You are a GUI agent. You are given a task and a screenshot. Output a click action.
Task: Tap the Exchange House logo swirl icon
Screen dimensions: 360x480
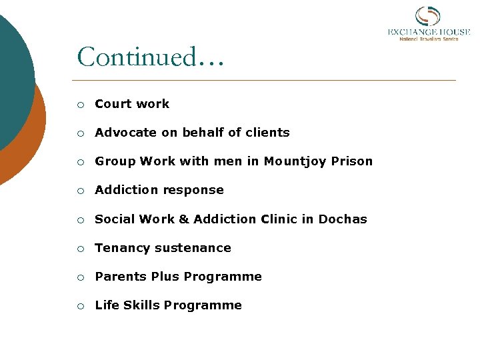point(427,17)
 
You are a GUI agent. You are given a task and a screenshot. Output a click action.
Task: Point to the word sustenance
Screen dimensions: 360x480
point(197,248)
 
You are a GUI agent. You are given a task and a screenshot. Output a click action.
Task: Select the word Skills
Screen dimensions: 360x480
point(141,305)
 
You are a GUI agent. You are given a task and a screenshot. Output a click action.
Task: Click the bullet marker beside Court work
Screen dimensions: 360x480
point(80,105)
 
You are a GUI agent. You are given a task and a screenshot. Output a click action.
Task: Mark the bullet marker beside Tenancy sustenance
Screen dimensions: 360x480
point(80,249)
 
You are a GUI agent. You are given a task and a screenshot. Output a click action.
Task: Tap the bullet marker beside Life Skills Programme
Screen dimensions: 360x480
point(80,306)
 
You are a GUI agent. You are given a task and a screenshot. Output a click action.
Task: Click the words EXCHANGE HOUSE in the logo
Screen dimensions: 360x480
point(429,31)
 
